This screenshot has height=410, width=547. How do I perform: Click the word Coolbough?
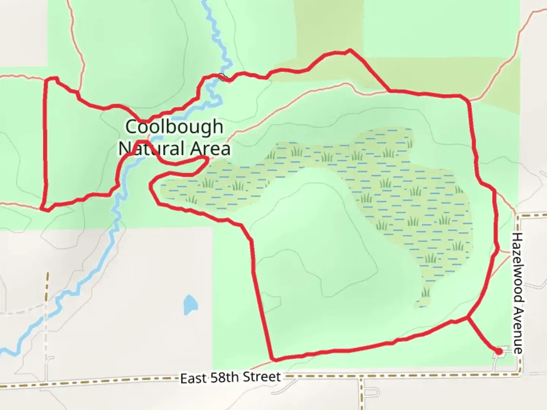pos(174,127)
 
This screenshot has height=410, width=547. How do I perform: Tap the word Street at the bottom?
pos(262,377)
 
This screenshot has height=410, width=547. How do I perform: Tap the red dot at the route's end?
pos(500,352)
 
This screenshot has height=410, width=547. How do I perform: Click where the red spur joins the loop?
pos(467,317)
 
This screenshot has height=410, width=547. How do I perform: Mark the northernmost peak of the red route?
pos(349,50)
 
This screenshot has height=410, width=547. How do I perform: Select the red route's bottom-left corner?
pos(44,209)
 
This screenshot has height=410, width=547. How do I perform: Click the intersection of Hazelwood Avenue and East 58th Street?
pos(519,375)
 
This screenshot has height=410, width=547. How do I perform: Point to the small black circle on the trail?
pos(223,77)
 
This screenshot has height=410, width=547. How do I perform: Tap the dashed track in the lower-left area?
pos(47,304)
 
